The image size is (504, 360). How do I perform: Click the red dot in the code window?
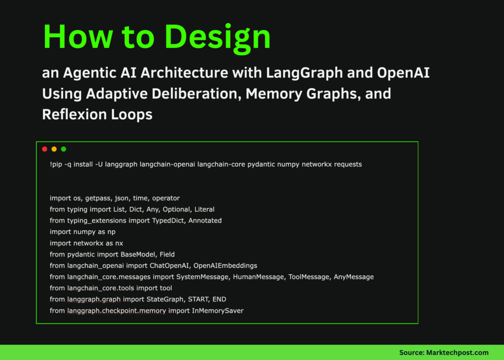(44, 149)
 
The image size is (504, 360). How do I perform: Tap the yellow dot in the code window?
(54, 149)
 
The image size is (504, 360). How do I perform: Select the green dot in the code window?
(63, 149)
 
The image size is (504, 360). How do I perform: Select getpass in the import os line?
(98, 198)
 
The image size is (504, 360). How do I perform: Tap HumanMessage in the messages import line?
(257, 277)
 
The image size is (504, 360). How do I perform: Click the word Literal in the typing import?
(203, 209)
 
